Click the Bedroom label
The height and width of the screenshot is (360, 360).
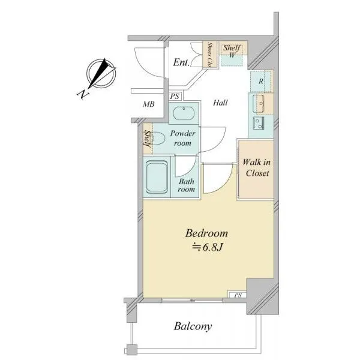206,233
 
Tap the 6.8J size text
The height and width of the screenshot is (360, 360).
208,247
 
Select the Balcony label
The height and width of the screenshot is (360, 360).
193,326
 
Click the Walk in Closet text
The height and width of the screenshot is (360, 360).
257,167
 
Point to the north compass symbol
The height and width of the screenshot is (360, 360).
101,73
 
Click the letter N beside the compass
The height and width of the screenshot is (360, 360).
83,94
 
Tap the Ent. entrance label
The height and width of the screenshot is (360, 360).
181,62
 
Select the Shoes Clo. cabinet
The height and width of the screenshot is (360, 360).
209,55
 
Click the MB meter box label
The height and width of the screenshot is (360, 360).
149,104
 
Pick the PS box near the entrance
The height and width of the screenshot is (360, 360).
175,96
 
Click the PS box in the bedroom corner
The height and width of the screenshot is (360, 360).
238,295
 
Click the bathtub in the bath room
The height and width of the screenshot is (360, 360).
157,177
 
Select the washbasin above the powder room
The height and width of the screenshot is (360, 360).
184,113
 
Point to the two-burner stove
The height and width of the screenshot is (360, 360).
259,123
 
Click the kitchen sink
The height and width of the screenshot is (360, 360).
259,104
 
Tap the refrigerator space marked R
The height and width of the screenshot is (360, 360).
261,81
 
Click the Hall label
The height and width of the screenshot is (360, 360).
220,103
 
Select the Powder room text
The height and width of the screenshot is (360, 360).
183,138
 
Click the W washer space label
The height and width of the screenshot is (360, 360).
232,55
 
